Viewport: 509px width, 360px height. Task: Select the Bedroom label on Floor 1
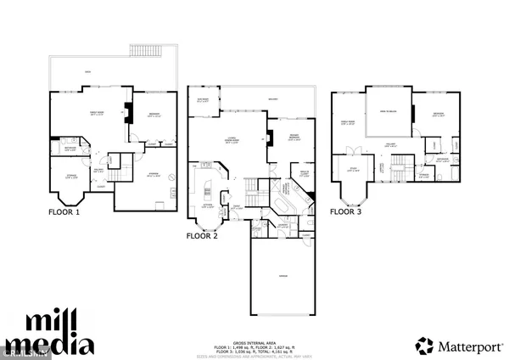pyautogui.click(x=155, y=113)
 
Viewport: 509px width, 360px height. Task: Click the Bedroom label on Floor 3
pyautogui.click(x=438, y=113)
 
